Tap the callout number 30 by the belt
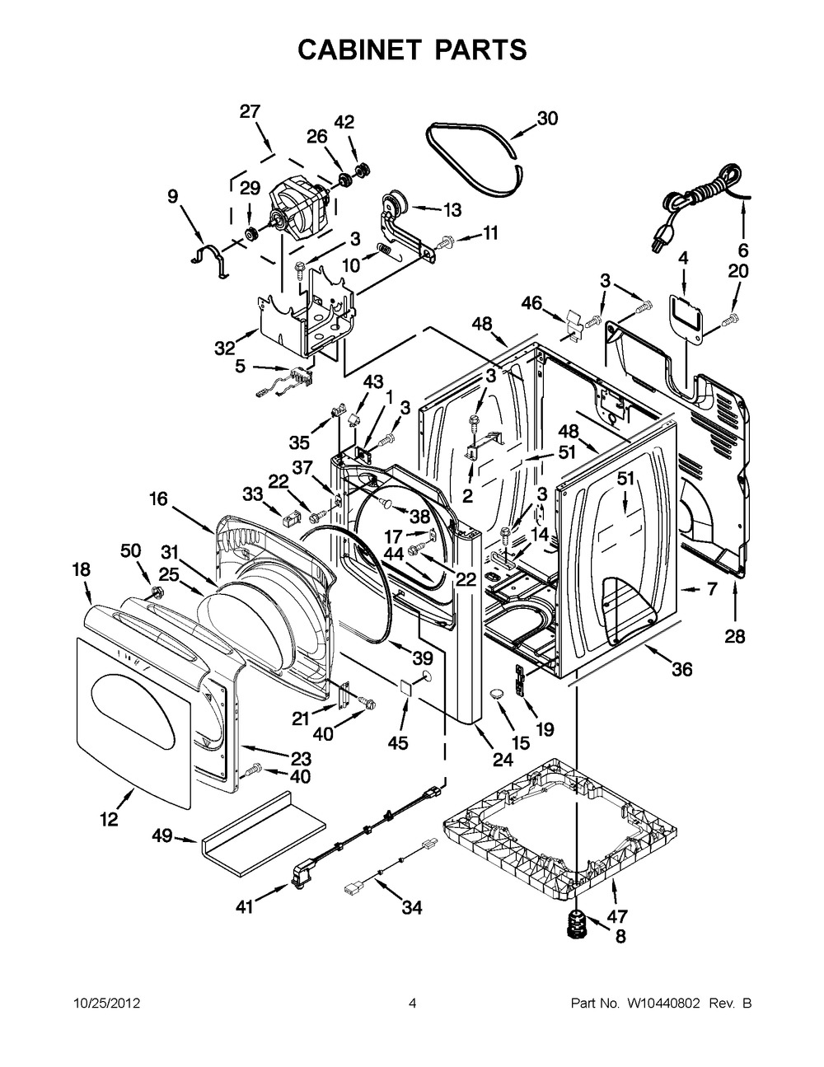coord(547,119)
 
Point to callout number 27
coord(250,112)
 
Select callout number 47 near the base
coord(617,915)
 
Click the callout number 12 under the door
coord(109,819)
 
